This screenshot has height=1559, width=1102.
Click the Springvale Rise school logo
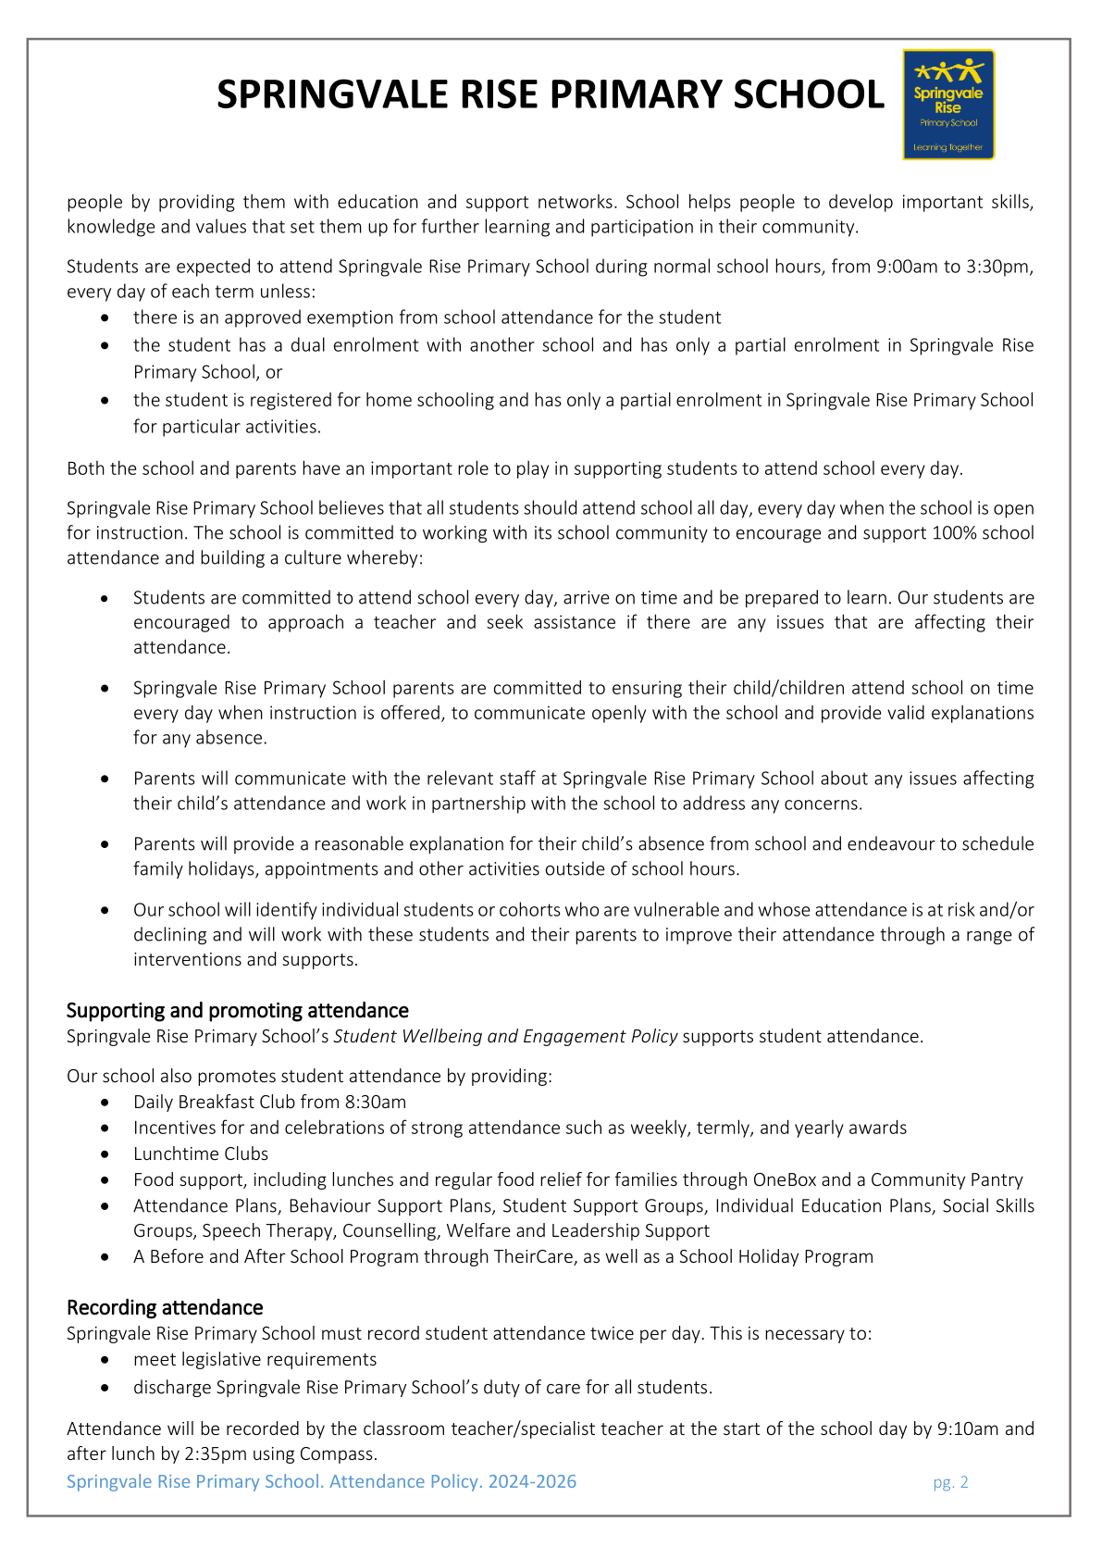[948, 105]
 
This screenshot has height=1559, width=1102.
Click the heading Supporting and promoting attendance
[238, 1010]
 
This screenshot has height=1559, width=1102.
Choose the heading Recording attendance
[165, 1307]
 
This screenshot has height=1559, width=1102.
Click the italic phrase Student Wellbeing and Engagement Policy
[505, 1036]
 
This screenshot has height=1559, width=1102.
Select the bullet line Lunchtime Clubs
[201, 1154]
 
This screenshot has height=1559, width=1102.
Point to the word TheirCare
[526, 1256]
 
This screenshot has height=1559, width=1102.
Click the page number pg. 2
[950, 1482]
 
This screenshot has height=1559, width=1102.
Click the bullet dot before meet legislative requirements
[108, 1360]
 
